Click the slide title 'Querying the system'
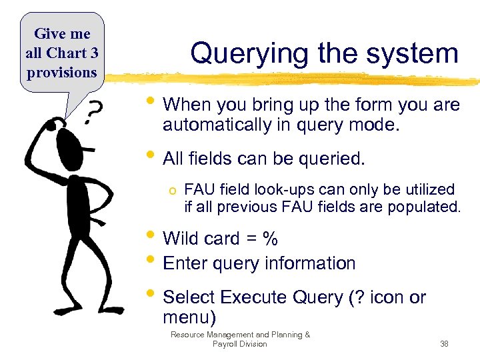tap(324, 53)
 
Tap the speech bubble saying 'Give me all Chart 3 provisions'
tap(61, 53)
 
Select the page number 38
tap(444, 344)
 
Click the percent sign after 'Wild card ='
tap(270, 239)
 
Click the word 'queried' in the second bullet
tap(329, 159)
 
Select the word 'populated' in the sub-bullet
tap(426, 207)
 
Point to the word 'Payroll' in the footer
tap(226, 344)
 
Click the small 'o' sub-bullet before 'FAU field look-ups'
tap(172, 191)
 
